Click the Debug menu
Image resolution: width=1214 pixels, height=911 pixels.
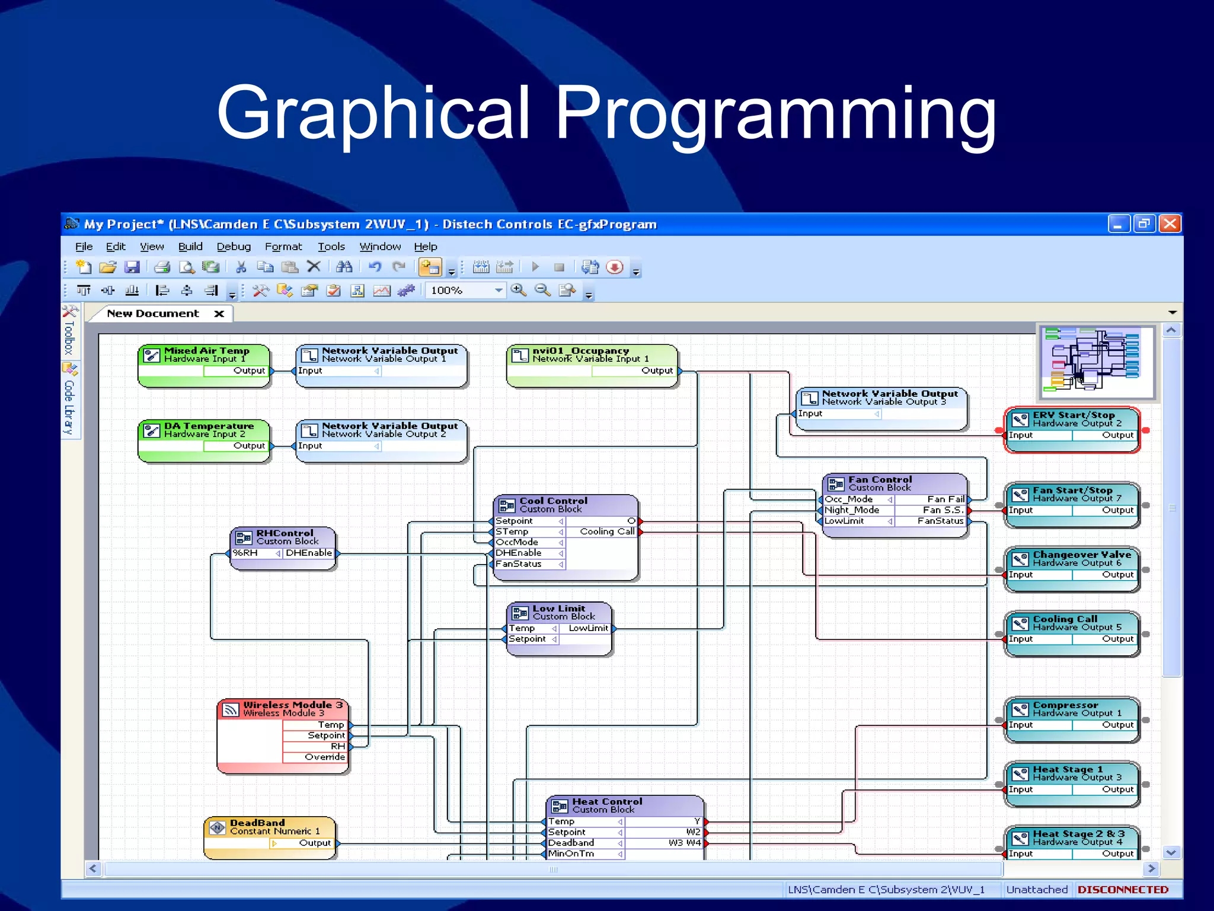point(234,247)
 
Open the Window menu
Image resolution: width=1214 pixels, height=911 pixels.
point(380,247)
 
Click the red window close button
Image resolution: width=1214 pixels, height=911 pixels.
point(1170,224)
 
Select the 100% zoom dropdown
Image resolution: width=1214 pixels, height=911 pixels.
point(466,290)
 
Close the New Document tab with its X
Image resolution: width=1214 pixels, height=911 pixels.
point(219,314)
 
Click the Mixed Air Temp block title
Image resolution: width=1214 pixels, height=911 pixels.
point(206,351)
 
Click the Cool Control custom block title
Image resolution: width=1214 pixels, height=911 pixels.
point(553,501)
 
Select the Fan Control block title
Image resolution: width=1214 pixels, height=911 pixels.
point(880,479)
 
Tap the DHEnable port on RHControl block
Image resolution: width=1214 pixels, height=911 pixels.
point(308,553)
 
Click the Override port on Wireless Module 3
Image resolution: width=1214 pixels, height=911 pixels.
point(324,757)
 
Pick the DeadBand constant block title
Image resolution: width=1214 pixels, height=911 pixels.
point(257,823)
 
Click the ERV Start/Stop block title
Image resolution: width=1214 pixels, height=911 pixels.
point(1074,415)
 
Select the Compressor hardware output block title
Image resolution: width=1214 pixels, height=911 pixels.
point(1065,705)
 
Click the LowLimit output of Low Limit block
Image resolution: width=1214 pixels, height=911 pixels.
point(588,628)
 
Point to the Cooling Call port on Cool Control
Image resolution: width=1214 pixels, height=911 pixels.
point(606,531)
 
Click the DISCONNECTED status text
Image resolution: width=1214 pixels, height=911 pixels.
point(1123,890)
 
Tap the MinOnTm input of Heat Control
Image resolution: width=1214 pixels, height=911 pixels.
point(571,853)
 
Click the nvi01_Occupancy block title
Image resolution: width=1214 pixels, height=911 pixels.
point(580,351)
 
